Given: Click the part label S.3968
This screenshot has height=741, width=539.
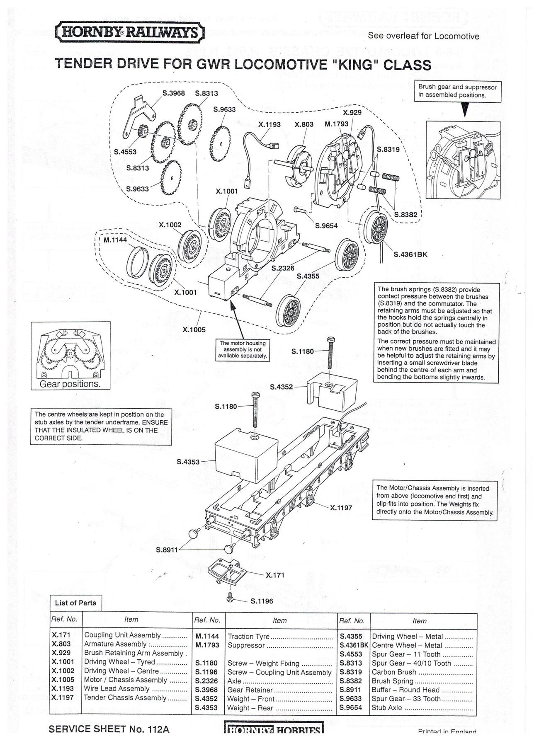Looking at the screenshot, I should coord(173,94).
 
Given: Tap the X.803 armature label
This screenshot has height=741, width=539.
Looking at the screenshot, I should coord(304,124).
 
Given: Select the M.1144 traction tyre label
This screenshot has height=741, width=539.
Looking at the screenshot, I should coord(115,240).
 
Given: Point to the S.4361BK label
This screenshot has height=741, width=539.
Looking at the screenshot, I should coord(410,254).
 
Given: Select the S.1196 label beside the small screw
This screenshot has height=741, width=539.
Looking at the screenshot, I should coord(262,601).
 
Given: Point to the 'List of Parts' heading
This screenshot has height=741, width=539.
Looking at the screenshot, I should coord(75,603).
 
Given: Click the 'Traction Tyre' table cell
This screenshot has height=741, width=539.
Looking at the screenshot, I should coord(249,636).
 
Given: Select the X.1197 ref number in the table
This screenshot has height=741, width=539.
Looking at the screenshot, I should coord(63,697).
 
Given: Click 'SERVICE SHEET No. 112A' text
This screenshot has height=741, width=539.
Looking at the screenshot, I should coord(109,729).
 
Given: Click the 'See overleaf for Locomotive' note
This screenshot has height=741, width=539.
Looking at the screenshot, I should coord(423,36).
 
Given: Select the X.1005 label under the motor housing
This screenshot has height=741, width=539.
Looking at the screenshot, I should coord(194,330).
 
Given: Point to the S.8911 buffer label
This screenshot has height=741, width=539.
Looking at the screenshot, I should coord(167,550).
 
